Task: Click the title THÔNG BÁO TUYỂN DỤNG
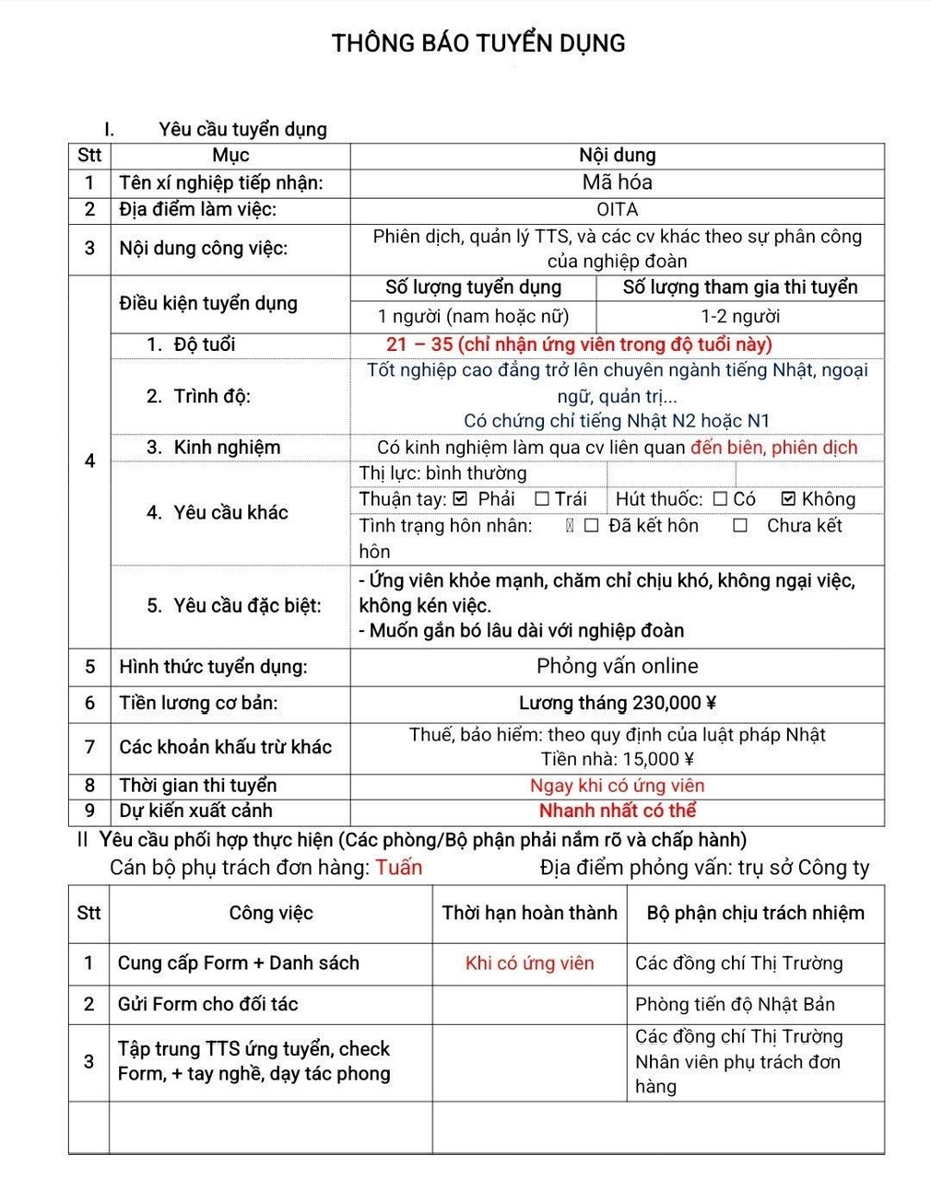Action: point(478,43)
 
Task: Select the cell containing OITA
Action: point(617,210)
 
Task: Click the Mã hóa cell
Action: point(617,182)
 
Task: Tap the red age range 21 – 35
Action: point(419,344)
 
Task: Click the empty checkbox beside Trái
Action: point(542,499)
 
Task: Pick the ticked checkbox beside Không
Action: point(788,499)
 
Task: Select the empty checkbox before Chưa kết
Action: point(740,526)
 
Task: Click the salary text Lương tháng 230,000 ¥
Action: point(617,704)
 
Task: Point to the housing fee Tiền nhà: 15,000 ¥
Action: point(617,759)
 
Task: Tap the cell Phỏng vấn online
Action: point(617,666)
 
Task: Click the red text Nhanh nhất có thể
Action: point(617,811)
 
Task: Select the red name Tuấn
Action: point(399,868)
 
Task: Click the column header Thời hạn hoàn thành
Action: point(529,913)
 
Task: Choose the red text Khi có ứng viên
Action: point(529,963)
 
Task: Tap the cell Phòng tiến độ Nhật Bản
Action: point(735,1004)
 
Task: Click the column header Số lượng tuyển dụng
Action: point(473,287)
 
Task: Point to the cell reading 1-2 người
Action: point(739,317)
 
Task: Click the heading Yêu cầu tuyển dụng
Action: point(242,130)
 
